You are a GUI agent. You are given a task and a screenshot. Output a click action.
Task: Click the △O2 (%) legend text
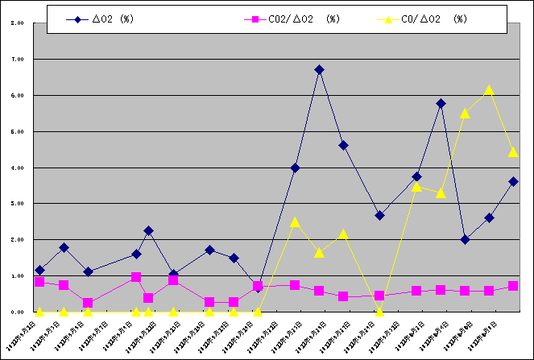coord(113,19)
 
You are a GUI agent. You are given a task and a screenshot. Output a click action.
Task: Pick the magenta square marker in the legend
coord(259,19)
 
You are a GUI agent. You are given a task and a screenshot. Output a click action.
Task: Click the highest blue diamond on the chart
coord(319,70)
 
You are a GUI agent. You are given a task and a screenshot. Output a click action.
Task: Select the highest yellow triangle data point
coord(489,89)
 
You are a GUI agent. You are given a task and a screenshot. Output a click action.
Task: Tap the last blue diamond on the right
coord(513,181)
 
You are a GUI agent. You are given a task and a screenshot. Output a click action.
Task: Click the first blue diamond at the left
coord(39,270)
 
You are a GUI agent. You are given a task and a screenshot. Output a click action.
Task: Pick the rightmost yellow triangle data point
coord(513,151)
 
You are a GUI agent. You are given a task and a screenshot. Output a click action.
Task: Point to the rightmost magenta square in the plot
coord(513,286)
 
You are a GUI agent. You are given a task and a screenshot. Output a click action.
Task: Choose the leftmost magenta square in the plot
coord(39,281)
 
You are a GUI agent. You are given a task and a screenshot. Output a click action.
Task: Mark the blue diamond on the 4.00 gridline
coord(295,168)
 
